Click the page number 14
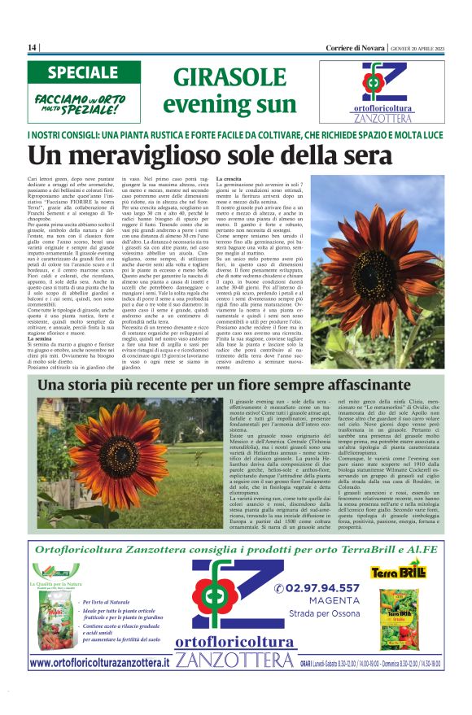[33, 48]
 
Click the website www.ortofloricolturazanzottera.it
[99, 663]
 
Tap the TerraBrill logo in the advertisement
[400, 573]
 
